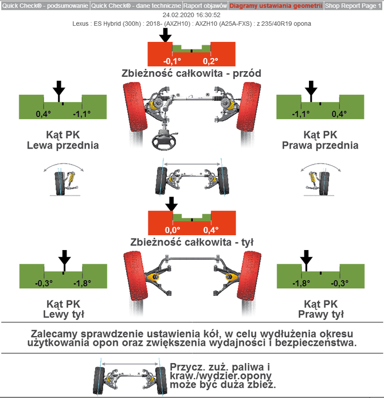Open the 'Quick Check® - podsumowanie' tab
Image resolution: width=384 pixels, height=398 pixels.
pos(45,6)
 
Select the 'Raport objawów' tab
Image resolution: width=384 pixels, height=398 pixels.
pos(205,6)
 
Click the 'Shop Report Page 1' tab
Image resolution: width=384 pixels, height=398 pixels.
pos(353,6)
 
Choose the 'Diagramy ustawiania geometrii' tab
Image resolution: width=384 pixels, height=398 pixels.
pos(276,6)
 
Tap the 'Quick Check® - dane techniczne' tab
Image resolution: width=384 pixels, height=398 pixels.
pos(136,6)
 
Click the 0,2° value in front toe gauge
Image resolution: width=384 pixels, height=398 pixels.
pos(210,60)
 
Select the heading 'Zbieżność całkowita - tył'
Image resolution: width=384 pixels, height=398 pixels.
pos(191,241)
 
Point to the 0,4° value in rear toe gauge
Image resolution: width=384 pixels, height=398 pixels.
pos(210,229)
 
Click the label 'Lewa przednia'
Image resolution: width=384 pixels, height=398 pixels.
pos(63,145)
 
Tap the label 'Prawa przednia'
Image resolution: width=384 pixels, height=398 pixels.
pos(320,145)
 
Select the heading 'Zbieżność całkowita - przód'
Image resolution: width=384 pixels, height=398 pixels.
pos(191,73)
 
